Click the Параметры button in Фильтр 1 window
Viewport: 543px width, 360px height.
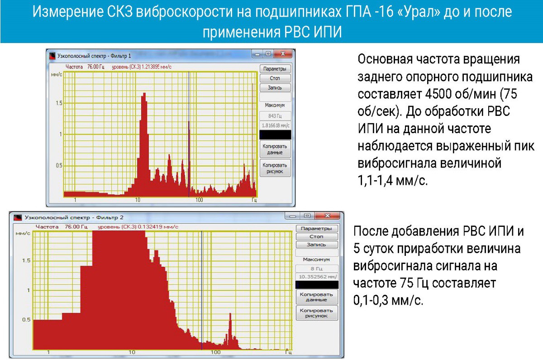point(275,69)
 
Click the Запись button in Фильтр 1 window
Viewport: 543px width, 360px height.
point(275,87)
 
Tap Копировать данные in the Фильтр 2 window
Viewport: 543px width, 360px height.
point(316,297)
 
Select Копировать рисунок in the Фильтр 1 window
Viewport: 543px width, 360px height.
point(275,168)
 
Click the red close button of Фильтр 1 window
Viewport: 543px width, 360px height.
point(283,54)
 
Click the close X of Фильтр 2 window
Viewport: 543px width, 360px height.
point(327,216)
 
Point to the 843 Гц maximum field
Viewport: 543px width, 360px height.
point(275,116)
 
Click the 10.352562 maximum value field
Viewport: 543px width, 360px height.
point(317,277)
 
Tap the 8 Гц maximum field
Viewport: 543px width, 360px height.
point(317,269)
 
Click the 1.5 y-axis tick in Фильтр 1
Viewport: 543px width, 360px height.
point(59,103)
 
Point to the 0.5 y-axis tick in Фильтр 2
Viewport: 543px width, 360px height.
point(26,320)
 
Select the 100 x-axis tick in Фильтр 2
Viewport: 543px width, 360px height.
point(215,352)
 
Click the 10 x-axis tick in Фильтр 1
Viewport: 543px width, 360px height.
point(138,200)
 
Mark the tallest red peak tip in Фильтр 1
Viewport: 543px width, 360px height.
point(145,93)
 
